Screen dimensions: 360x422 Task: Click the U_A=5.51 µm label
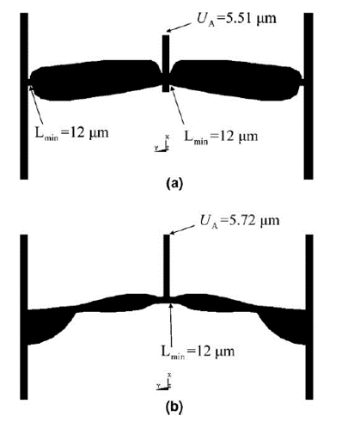pos(236,19)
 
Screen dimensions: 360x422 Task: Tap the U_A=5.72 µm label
pos(239,221)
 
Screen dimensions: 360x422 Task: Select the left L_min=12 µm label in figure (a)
pos(71,133)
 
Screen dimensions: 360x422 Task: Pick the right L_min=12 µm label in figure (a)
pos(221,137)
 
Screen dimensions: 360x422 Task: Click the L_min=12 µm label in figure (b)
pos(198,352)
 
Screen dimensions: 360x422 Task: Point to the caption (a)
pos(174,183)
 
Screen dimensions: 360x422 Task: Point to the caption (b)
pos(174,407)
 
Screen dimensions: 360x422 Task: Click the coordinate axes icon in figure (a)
pos(162,143)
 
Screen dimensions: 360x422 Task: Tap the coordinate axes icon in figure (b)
pos(164,381)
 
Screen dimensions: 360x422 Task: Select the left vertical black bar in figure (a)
pos(24,96)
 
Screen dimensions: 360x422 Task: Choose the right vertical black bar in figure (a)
pos(308,96)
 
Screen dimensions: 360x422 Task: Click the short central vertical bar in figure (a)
pos(166,64)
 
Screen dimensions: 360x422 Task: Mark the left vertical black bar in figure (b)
pos(24,317)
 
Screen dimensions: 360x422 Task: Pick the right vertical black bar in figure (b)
pos(309,317)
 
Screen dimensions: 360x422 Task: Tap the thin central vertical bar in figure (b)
pos(167,266)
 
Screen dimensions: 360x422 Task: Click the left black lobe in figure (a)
pos(95,80)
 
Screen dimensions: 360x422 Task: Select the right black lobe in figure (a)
pos(236,80)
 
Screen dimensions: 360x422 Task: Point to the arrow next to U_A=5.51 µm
pos(179,27)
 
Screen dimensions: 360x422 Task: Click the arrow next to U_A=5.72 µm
pos(181,229)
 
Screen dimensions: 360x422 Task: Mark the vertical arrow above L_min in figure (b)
pos(171,323)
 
